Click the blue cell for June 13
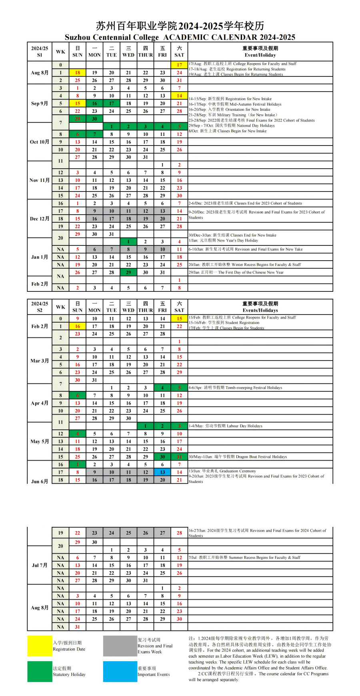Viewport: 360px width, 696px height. pos(162,472)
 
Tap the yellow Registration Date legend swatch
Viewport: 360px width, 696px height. pos(40,646)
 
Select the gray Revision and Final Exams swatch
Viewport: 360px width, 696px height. pos(120,646)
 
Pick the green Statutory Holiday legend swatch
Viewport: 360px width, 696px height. pos(40,671)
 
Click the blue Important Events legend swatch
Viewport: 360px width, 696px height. pos(120,671)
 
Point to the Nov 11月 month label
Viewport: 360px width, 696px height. pos(40,180)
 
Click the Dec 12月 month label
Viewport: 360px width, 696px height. pos(40,219)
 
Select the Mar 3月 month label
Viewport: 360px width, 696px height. pos(40,361)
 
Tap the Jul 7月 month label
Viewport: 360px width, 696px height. pos(40,565)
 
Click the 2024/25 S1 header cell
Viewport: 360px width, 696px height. pos(40,52)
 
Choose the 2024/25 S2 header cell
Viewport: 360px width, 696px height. pos(40,307)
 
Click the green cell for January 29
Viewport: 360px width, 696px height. pos(128,272)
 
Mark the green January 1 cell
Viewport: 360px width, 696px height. pos(128,241)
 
